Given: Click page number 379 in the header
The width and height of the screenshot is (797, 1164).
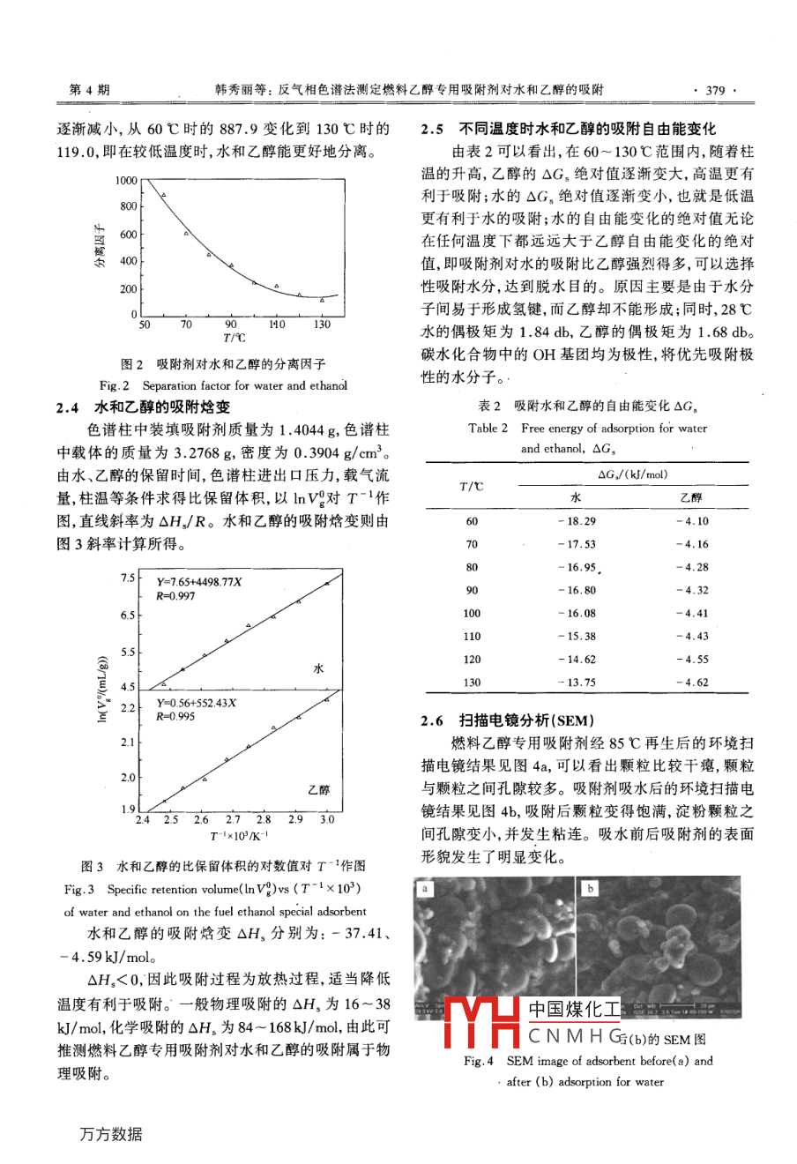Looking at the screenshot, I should [715, 90].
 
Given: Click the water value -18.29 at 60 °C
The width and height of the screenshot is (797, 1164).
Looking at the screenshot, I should [577, 521].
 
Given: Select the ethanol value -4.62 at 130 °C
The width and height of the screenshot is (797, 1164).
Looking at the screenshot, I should [692, 682].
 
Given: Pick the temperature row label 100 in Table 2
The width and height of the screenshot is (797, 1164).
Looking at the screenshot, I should [472, 613].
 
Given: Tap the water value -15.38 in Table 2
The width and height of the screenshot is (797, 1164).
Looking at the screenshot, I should [577, 636].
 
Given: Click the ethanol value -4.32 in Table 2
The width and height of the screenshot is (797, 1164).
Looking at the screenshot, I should [692, 590].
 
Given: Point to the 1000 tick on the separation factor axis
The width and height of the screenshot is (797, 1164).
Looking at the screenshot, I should [126, 181].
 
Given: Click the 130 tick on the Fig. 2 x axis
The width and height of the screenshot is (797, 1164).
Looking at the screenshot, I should [323, 325].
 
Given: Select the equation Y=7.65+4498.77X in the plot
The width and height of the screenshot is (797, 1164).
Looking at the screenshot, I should [199, 582].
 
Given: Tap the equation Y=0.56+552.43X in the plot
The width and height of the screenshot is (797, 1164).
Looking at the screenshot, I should [197, 703].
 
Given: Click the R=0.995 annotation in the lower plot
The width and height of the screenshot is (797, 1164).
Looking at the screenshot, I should [175, 716].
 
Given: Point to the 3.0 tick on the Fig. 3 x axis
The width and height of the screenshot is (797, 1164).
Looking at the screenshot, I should [327, 819].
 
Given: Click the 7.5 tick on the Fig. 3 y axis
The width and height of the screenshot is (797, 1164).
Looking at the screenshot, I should [128, 578].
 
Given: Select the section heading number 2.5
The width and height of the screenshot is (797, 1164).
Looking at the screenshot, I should [432, 129].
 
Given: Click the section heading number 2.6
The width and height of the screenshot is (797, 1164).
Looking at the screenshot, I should [432, 720].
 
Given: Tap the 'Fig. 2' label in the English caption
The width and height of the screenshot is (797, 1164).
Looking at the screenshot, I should [115, 385].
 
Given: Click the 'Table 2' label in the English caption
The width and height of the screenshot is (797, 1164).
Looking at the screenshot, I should [488, 428].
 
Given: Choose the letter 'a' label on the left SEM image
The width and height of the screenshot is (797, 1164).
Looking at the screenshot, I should [424, 888].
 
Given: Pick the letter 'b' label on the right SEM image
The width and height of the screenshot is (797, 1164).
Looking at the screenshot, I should [590, 888].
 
